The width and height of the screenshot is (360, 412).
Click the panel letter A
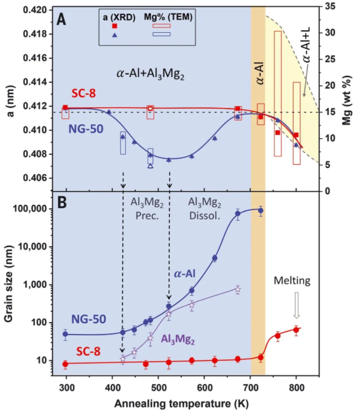point(62,20)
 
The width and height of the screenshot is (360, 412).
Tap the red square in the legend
point(114,26)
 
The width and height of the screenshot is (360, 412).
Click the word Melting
point(291,281)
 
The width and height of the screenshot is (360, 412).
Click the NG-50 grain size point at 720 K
point(260,210)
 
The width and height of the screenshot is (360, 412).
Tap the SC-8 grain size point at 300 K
point(66,364)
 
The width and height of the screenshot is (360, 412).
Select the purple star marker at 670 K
point(237,289)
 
